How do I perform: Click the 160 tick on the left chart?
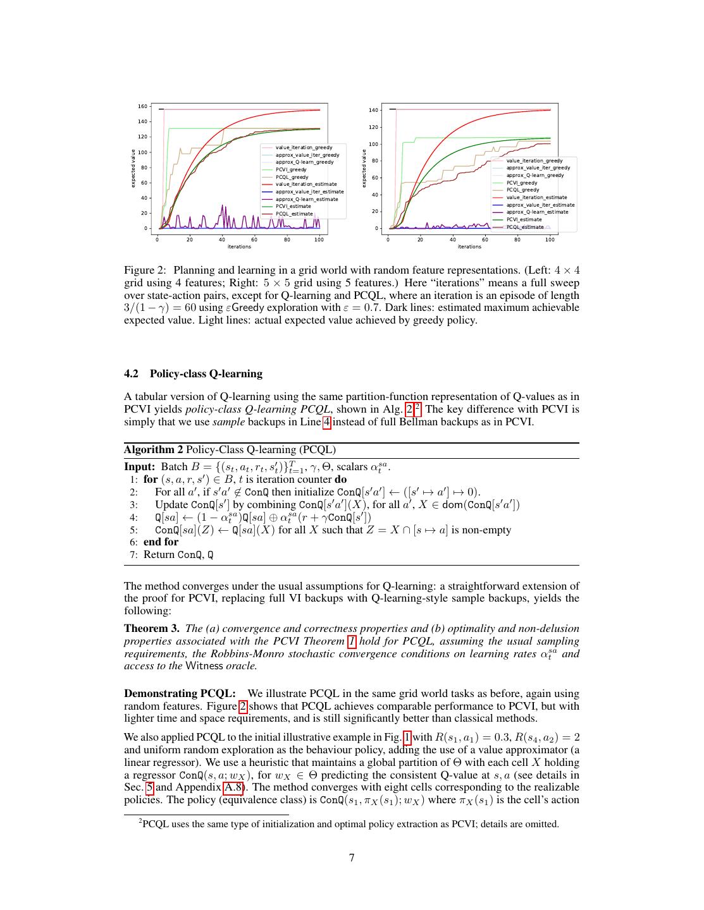tap(142, 106)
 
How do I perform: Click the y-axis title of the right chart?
tap(364, 168)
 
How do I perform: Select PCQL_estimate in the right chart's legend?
tap(524, 227)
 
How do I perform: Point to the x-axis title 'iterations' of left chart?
tap(239, 246)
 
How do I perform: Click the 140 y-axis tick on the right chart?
tap(373, 111)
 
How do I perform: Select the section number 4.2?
tap(131, 373)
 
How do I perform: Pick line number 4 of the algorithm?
tap(133, 518)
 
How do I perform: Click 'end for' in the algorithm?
tap(161, 542)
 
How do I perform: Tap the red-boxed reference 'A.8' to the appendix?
tap(233, 787)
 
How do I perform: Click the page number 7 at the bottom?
tap(352, 858)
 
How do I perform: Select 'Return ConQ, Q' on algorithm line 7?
tap(178, 555)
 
